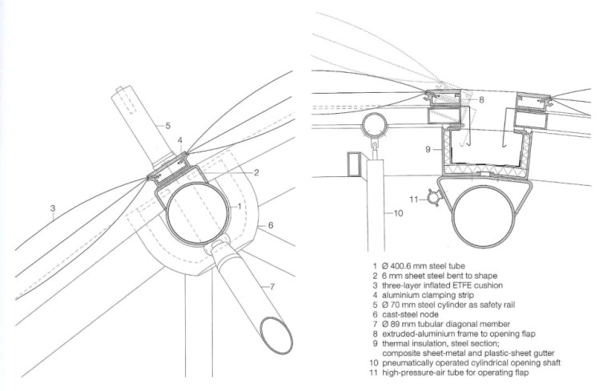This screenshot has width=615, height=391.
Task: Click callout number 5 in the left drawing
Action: (167, 126)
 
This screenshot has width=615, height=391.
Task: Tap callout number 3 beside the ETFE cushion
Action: (53, 208)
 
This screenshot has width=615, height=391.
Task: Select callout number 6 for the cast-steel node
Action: (271, 225)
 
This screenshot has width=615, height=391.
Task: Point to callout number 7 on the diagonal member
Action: (272, 287)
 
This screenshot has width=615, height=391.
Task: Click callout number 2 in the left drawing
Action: (256, 172)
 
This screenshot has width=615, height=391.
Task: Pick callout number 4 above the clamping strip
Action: (179, 140)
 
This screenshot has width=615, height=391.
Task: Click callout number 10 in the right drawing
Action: (398, 213)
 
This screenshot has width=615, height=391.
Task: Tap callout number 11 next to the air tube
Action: (414, 200)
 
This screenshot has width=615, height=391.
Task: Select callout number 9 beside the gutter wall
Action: (428, 149)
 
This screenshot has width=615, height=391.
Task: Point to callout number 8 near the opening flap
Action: (481, 99)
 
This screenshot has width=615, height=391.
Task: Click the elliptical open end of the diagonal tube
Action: (276, 336)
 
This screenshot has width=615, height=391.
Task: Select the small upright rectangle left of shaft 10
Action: (354, 164)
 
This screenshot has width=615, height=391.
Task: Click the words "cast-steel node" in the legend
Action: (410, 314)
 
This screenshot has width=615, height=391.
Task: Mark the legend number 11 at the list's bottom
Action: (374, 373)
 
